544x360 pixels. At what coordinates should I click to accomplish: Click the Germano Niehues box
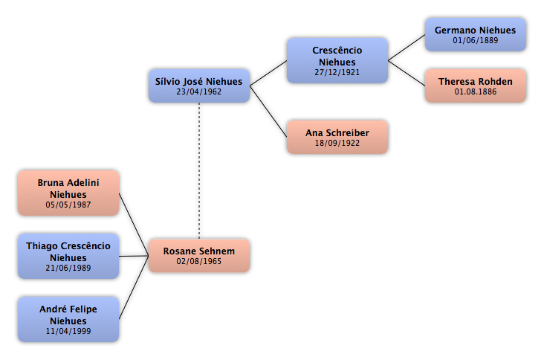tap(476, 35)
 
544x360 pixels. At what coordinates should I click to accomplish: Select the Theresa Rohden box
tap(476, 86)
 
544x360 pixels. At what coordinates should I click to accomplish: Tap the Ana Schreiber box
tap(337, 137)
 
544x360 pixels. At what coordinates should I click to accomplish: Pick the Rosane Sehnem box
tap(199, 256)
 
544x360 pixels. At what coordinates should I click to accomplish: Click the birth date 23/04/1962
tap(198, 91)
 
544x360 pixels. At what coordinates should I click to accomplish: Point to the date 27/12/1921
tap(337, 72)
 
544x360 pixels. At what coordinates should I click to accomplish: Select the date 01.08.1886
tap(476, 91)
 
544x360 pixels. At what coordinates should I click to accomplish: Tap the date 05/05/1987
tap(68, 205)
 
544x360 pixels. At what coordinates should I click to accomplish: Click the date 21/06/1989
tap(68, 268)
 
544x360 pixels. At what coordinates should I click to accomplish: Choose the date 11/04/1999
tap(68, 331)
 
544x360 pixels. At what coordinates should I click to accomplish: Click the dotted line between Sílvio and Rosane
tap(199, 170)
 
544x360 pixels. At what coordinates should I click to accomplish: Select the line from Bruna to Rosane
tap(134, 225)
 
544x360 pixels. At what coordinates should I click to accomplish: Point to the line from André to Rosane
tap(134, 287)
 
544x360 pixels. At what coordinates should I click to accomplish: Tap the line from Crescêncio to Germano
tap(407, 48)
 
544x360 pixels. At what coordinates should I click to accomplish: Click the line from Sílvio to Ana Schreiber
tap(268, 112)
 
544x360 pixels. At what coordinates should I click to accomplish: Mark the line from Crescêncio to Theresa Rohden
tap(407, 73)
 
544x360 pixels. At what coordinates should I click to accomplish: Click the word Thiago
tap(42, 246)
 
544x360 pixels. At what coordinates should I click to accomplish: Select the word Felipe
tap(84, 309)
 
